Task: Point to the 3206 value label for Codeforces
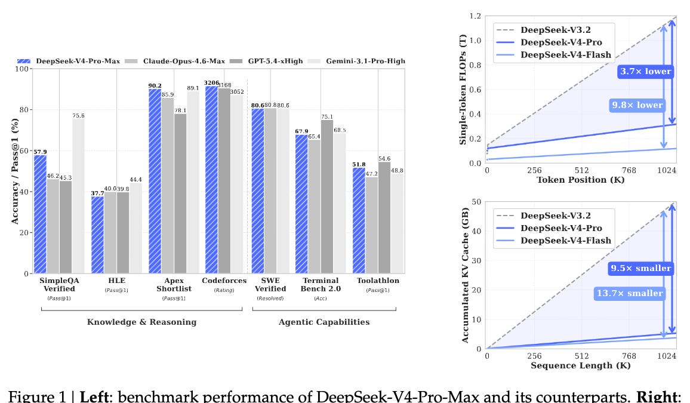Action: click(x=211, y=82)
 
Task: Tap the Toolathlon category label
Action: click(x=378, y=281)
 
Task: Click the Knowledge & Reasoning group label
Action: click(x=141, y=322)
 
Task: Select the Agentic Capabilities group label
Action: click(x=324, y=322)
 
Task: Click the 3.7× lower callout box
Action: click(x=645, y=72)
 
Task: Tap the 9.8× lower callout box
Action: click(x=637, y=105)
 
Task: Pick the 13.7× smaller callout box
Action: click(x=629, y=293)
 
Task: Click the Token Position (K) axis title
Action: click(x=580, y=180)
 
